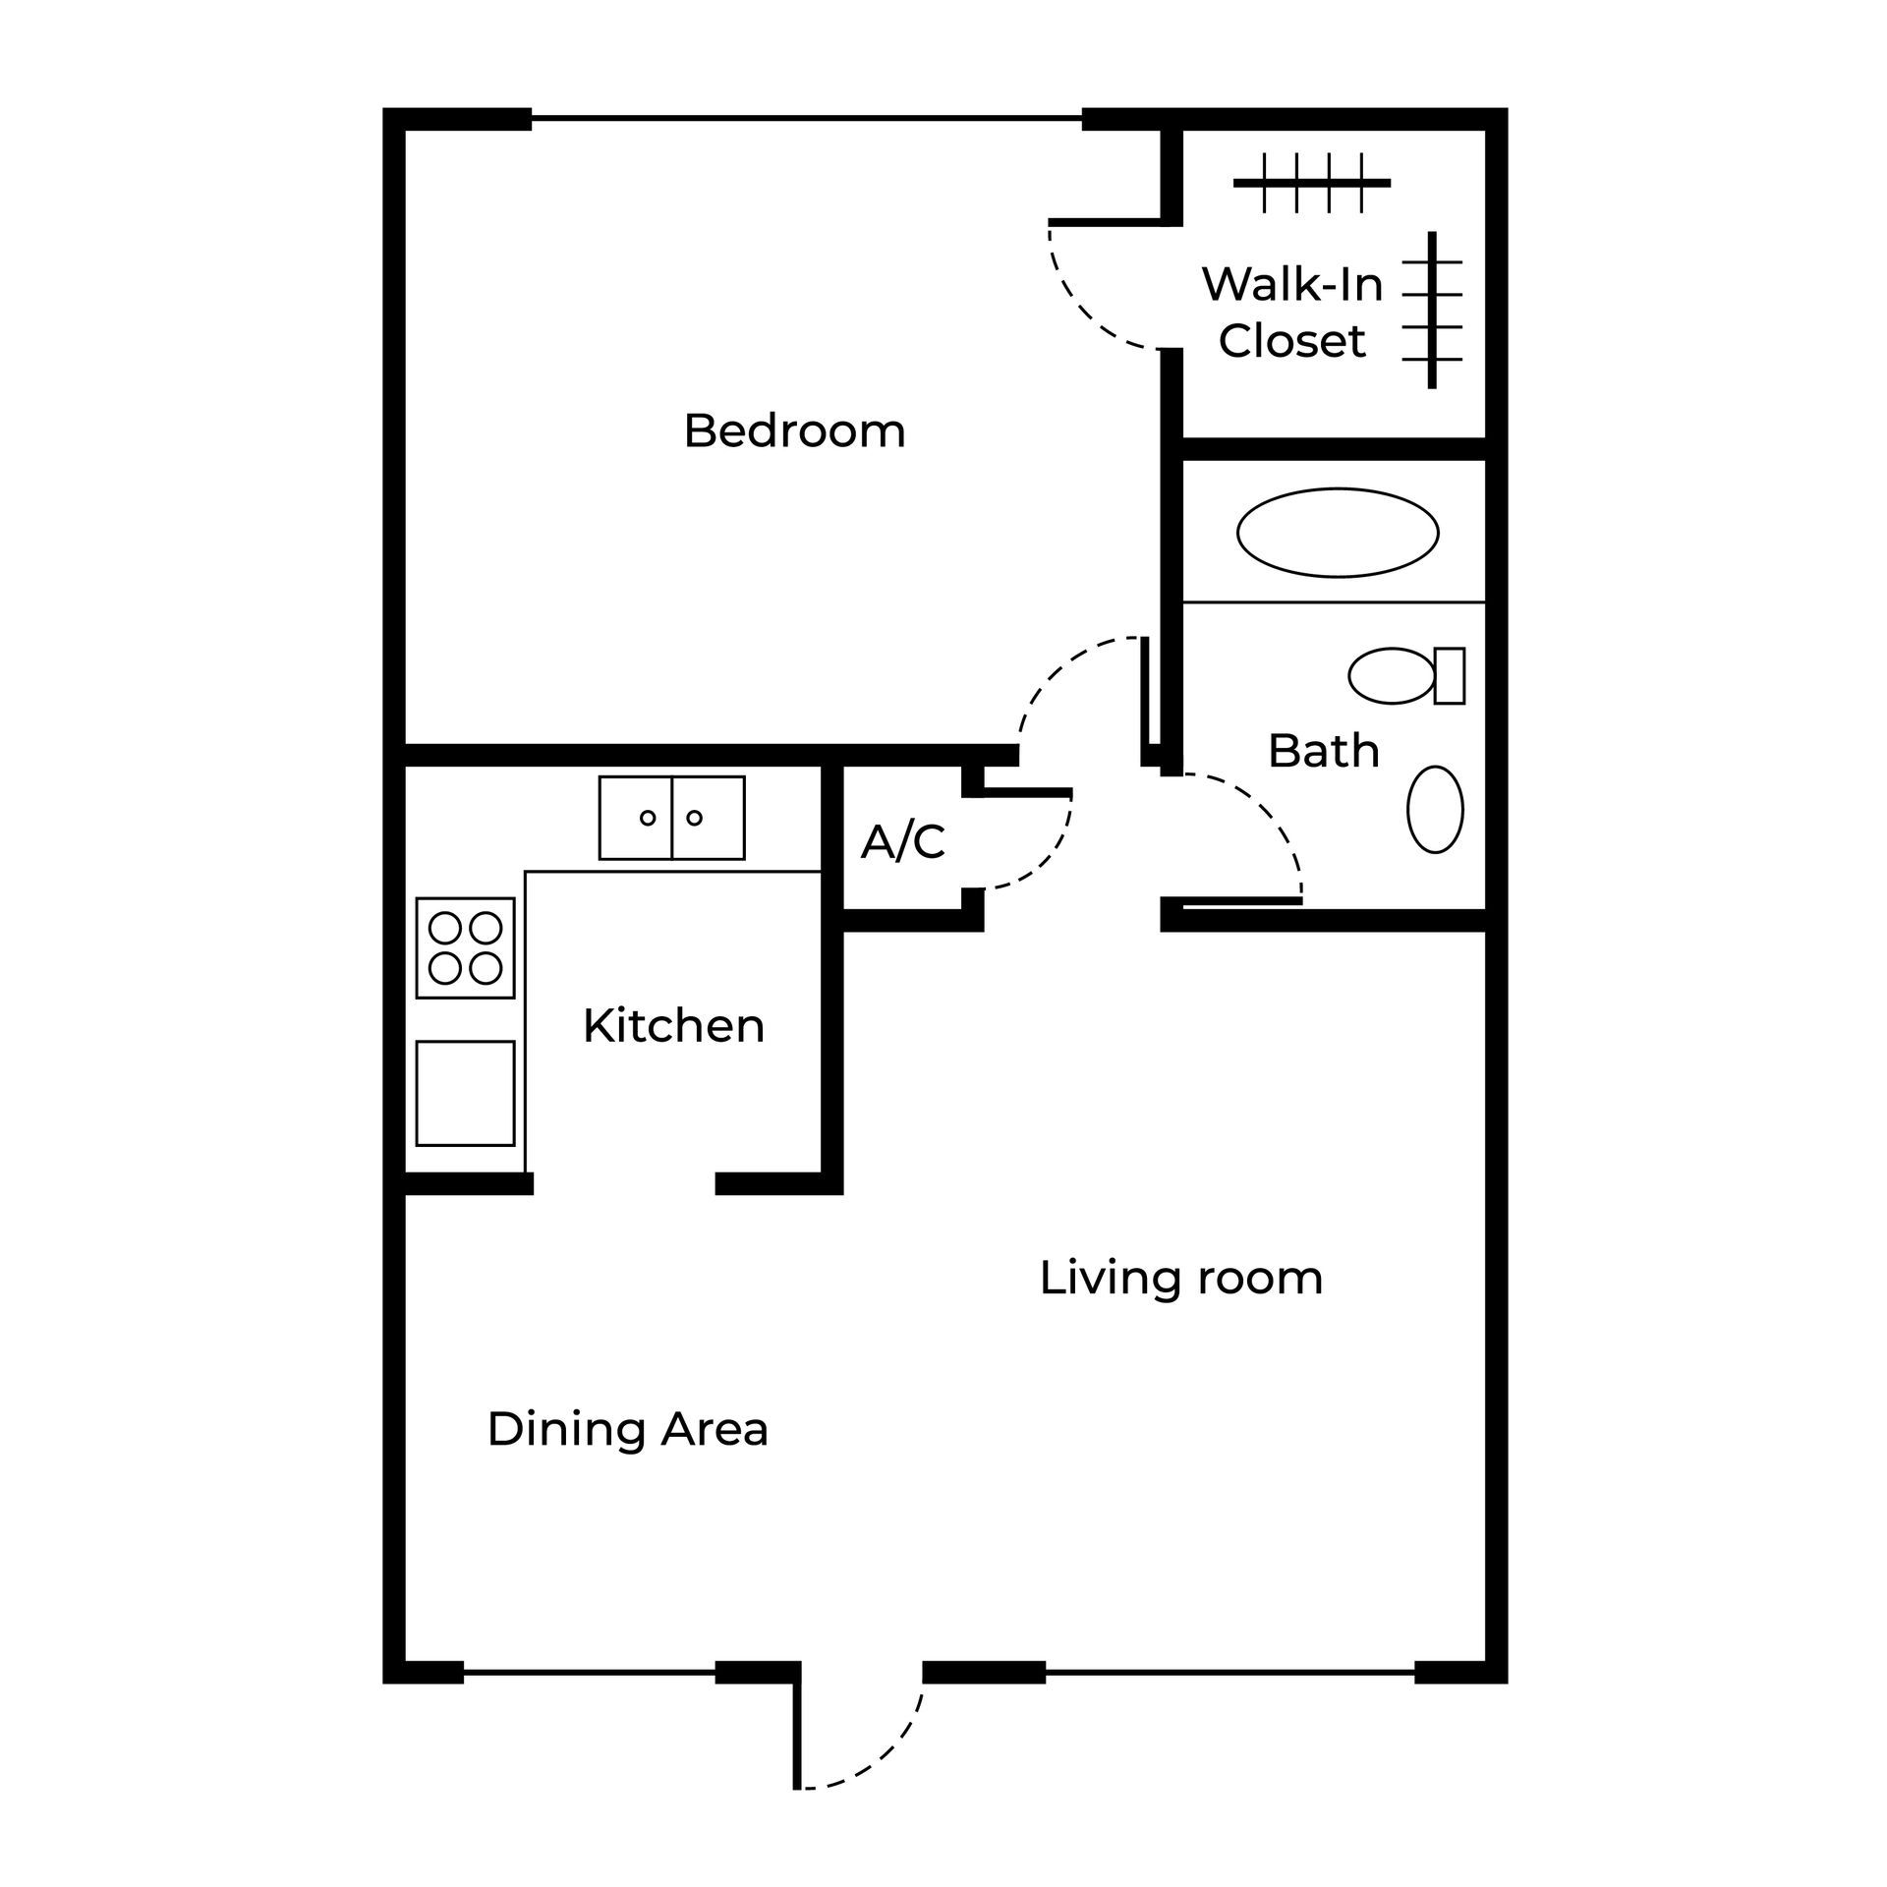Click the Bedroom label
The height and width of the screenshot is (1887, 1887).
(x=794, y=431)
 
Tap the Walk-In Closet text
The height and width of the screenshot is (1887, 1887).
(x=1292, y=313)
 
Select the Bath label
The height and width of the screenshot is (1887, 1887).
(x=1323, y=751)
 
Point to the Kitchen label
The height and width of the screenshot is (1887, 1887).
(x=673, y=1026)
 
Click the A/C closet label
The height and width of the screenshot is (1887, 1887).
(x=903, y=842)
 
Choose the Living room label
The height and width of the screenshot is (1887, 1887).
(x=1180, y=1279)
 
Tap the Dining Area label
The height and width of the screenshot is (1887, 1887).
(x=627, y=1429)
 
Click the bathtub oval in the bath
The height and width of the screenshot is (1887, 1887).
(x=1337, y=533)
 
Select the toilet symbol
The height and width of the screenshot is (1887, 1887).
(x=1405, y=675)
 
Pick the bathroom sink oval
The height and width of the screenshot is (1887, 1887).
(x=1435, y=809)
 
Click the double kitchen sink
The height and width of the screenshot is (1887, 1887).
(x=671, y=818)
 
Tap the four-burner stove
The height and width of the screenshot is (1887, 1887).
(x=465, y=947)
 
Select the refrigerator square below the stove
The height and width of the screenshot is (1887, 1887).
(x=465, y=1093)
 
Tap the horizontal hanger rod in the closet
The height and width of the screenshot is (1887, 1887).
(x=1312, y=183)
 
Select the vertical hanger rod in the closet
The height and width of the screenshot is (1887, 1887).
(x=1432, y=310)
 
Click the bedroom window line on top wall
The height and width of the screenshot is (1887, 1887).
(x=806, y=119)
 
